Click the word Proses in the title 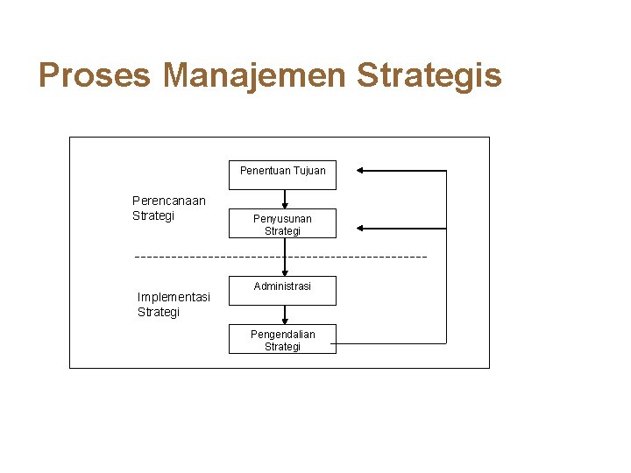(95, 75)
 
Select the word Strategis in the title (429, 75)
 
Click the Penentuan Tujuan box (282, 171)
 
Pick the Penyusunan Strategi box (282, 224)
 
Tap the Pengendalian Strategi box (282, 340)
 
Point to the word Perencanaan (169, 201)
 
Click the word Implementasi (174, 297)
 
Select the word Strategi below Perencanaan (153, 215)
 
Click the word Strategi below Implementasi (159, 312)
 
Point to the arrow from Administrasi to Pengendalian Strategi (284, 314)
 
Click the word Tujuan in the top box (309, 171)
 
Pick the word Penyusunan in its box (282, 218)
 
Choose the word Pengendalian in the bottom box (282, 334)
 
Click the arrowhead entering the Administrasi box (284, 272)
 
